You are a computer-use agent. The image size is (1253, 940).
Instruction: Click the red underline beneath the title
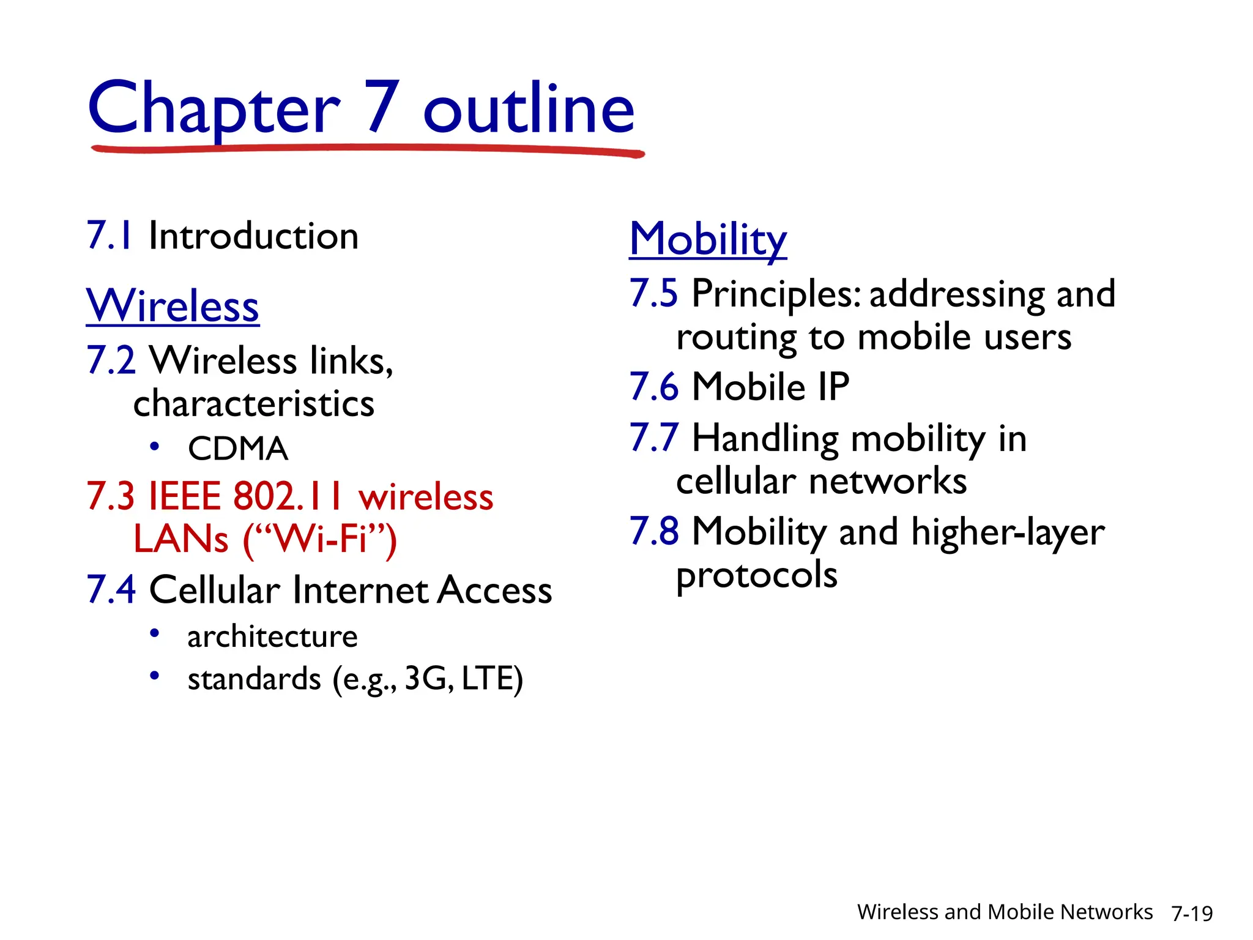tap(367, 149)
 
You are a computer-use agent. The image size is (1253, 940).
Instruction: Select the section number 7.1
tap(110, 236)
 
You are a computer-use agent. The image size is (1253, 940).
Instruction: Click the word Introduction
tap(253, 236)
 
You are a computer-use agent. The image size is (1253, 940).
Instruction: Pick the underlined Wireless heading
tap(173, 305)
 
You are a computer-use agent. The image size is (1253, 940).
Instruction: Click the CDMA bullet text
tap(238, 449)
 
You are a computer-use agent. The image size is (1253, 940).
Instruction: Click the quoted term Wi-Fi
tap(321, 539)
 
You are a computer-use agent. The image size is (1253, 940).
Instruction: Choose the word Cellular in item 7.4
tap(215, 590)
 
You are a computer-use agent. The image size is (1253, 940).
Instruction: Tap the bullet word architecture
tap(272, 636)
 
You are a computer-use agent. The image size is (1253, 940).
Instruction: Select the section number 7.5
tap(653, 293)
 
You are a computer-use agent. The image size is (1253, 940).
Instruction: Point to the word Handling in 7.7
tap(765, 439)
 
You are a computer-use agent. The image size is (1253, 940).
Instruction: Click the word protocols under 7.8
tap(757, 576)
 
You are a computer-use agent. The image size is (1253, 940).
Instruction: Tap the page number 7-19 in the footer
tap(1192, 913)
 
